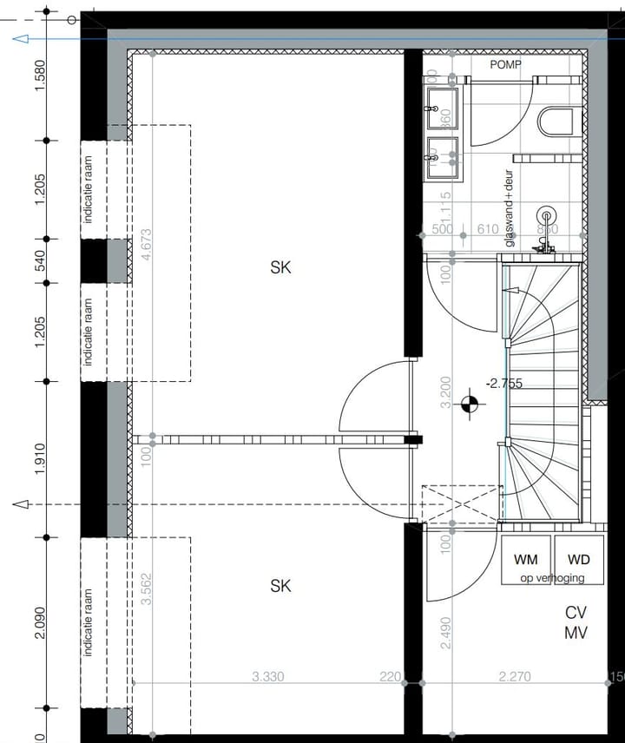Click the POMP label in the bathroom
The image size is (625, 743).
(x=510, y=65)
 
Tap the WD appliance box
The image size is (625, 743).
(x=579, y=560)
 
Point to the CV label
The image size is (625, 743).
(x=576, y=612)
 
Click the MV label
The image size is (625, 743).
(x=576, y=633)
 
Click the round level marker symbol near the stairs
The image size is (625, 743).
(x=470, y=401)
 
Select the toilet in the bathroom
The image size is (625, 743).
(x=556, y=122)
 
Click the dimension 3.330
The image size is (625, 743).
(x=268, y=676)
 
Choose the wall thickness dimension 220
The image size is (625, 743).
(x=391, y=676)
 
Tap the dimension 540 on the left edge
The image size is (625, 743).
(x=40, y=260)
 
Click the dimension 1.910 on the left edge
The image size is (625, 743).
(x=40, y=457)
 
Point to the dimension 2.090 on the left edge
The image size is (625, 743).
(x=40, y=623)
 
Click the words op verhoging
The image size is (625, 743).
(x=551, y=578)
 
